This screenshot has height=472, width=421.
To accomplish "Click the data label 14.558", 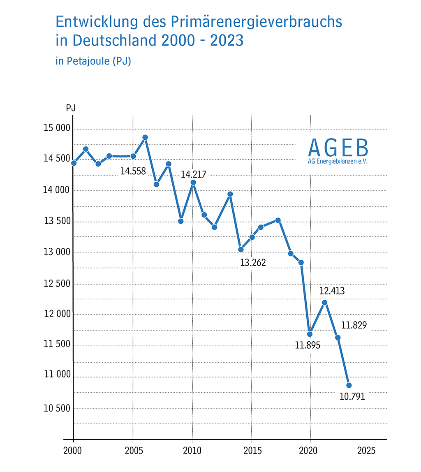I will coord(133,171).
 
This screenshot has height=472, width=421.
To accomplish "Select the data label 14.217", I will coord(193,174).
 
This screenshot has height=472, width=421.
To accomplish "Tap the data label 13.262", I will coord(253,263).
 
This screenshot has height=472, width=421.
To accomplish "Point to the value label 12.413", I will coord(332,291).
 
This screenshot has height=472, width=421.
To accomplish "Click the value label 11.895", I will coord(307,345).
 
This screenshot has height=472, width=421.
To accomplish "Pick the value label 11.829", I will coord(354,325).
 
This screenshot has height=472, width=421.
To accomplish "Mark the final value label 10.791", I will coord(352,397).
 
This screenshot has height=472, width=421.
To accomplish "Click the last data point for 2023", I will coord(349,385).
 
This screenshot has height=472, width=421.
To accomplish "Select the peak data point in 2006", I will coord(145,137).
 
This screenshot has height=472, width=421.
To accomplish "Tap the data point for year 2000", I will coord(74,163).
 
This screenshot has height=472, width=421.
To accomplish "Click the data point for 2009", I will coord(180,221).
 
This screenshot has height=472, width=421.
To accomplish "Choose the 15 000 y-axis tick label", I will coord(57,128).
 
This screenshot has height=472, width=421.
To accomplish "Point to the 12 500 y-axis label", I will coord(57,284).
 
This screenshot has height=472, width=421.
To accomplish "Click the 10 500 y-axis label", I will coord(57,408).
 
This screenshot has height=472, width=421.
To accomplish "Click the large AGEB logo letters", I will coord(338,148).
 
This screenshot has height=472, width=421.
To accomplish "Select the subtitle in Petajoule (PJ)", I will coord(93,62).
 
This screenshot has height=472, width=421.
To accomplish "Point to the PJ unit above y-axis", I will coord(70,108).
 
